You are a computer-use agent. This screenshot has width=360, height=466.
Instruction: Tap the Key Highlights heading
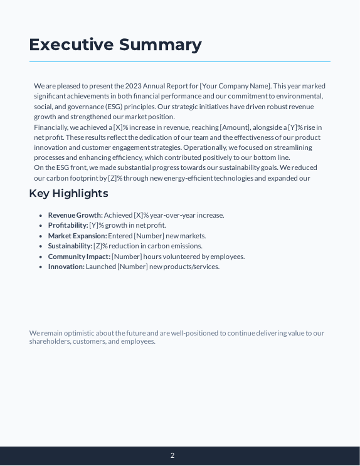(68, 193)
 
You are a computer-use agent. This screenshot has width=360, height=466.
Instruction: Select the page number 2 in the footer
(172, 456)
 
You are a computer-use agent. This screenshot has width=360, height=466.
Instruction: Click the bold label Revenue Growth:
(75, 215)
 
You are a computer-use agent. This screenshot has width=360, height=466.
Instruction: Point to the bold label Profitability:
(68, 225)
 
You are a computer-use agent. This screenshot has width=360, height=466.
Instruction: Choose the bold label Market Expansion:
(77, 236)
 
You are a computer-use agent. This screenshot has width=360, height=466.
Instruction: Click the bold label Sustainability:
(70, 246)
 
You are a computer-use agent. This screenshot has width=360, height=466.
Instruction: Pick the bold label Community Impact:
(79, 257)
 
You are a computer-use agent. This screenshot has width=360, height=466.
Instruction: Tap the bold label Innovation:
(66, 267)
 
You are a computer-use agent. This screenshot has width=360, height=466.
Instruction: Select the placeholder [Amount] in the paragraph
(235, 127)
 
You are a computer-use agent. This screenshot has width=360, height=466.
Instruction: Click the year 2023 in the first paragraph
(133, 86)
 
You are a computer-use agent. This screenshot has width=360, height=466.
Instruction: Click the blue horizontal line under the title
(179, 61)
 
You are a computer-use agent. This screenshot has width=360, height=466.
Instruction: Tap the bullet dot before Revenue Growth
(41, 215)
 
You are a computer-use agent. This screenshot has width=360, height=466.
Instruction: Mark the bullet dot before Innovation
(41, 267)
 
